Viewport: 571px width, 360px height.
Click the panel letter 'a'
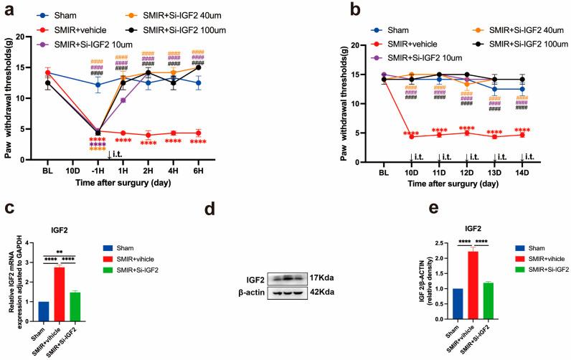pyautogui.click(x=8, y=9)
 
